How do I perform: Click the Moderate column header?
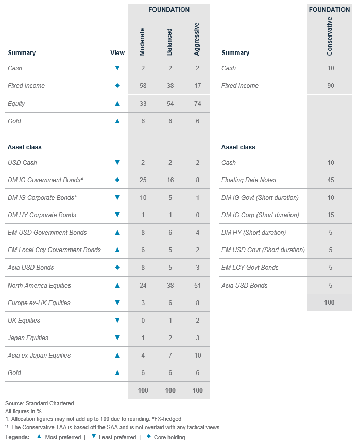tap(143, 42)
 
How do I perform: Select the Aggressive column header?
tap(197, 39)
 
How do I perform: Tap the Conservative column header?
tap(330, 36)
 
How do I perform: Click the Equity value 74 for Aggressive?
tap(197, 103)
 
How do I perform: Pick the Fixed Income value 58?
tap(143, 86)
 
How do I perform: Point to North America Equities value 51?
tap(197, 285)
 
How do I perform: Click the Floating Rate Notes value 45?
tap(330, 180)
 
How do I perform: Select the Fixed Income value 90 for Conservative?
tap(330, 86)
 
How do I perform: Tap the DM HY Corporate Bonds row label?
tap(42, 215)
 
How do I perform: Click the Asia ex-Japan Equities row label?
tap(39, 355)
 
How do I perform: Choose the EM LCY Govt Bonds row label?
tap(250, 268)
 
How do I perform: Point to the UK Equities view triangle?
tap(117, 320)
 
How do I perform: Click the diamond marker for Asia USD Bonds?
tap(117, 268)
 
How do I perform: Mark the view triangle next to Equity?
tap(117, 103)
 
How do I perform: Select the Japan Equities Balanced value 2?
tap(170, 338)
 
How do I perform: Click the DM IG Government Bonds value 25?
tap(143, 180)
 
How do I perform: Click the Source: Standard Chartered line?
tap(40, 403)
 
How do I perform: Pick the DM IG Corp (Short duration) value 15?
tap(330, 215)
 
